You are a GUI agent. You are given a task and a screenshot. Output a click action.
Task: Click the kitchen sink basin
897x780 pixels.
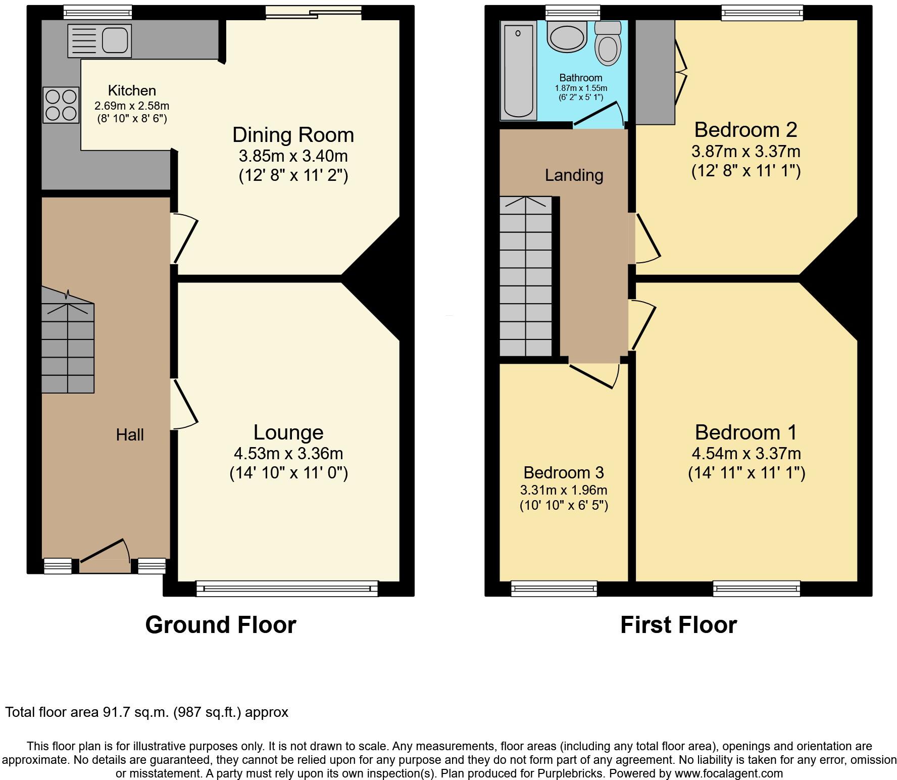(x=115, y=40)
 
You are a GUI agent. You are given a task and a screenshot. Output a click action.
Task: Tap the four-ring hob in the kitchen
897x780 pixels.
(x=61, y=105)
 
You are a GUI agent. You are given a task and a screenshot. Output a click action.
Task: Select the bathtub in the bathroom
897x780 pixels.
(x=518, y=70)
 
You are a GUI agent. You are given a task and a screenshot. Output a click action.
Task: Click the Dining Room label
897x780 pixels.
(x=293, y=135)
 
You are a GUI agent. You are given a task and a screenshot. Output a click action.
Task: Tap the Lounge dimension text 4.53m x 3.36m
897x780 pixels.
(x=288, y=453)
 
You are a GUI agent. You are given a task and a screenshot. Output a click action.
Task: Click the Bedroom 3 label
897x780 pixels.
(x=563, y=472)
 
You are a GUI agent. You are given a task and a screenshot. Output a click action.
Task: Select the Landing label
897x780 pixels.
(x=574, y=175)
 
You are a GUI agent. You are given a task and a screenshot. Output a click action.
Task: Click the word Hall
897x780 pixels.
(x=130, y=434)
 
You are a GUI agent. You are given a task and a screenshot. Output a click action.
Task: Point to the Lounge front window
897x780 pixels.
(x=287, y=589)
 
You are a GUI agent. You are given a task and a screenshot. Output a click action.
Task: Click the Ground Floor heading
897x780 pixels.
(x=221, y=625)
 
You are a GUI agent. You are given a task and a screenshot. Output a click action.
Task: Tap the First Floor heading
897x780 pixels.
(x=678, y=625)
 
